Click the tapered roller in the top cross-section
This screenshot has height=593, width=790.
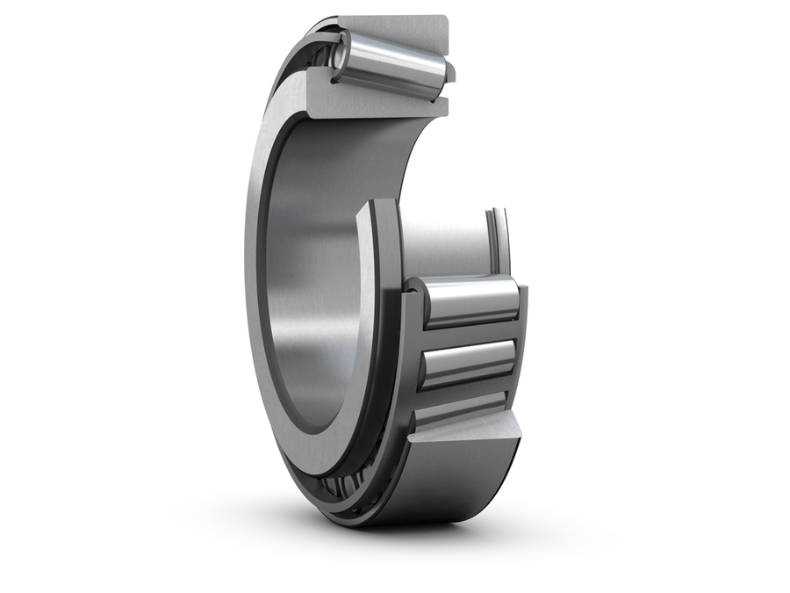(395, 61)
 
